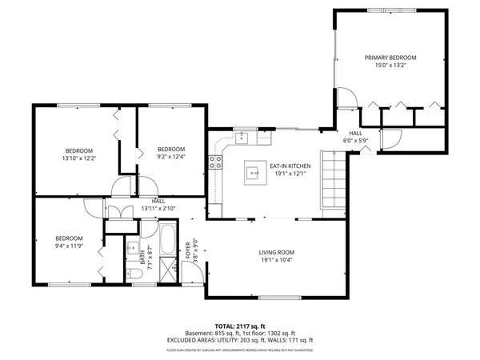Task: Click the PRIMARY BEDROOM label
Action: [391, 58]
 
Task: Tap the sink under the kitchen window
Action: [243, 138]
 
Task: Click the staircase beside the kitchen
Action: [334, 180]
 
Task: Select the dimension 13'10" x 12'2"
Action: [79, 158]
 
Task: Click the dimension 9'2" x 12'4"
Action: [170, 157]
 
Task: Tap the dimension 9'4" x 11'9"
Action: [69, 246]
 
